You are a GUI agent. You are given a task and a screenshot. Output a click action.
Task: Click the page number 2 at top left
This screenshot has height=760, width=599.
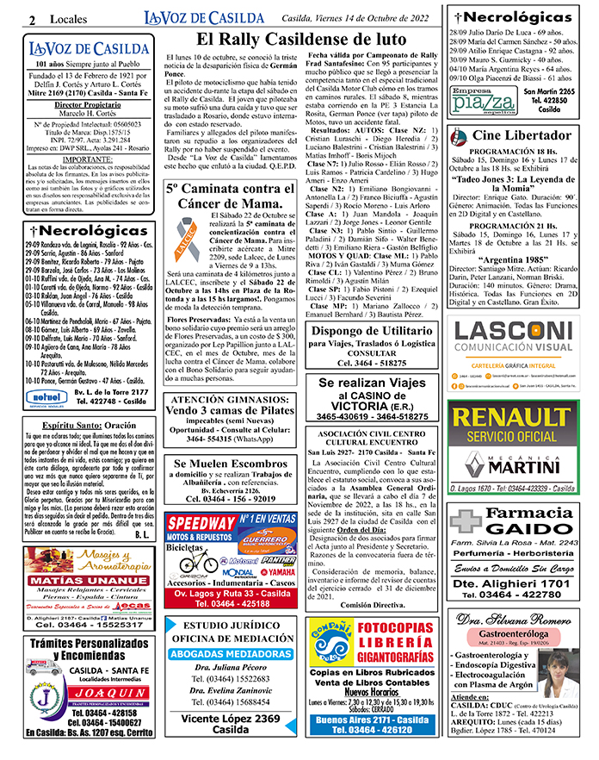point(32,19)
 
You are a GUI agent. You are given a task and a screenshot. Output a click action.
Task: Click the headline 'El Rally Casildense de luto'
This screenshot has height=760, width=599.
point(300,40)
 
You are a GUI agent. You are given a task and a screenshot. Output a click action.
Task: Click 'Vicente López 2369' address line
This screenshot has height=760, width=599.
point(230,719)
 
